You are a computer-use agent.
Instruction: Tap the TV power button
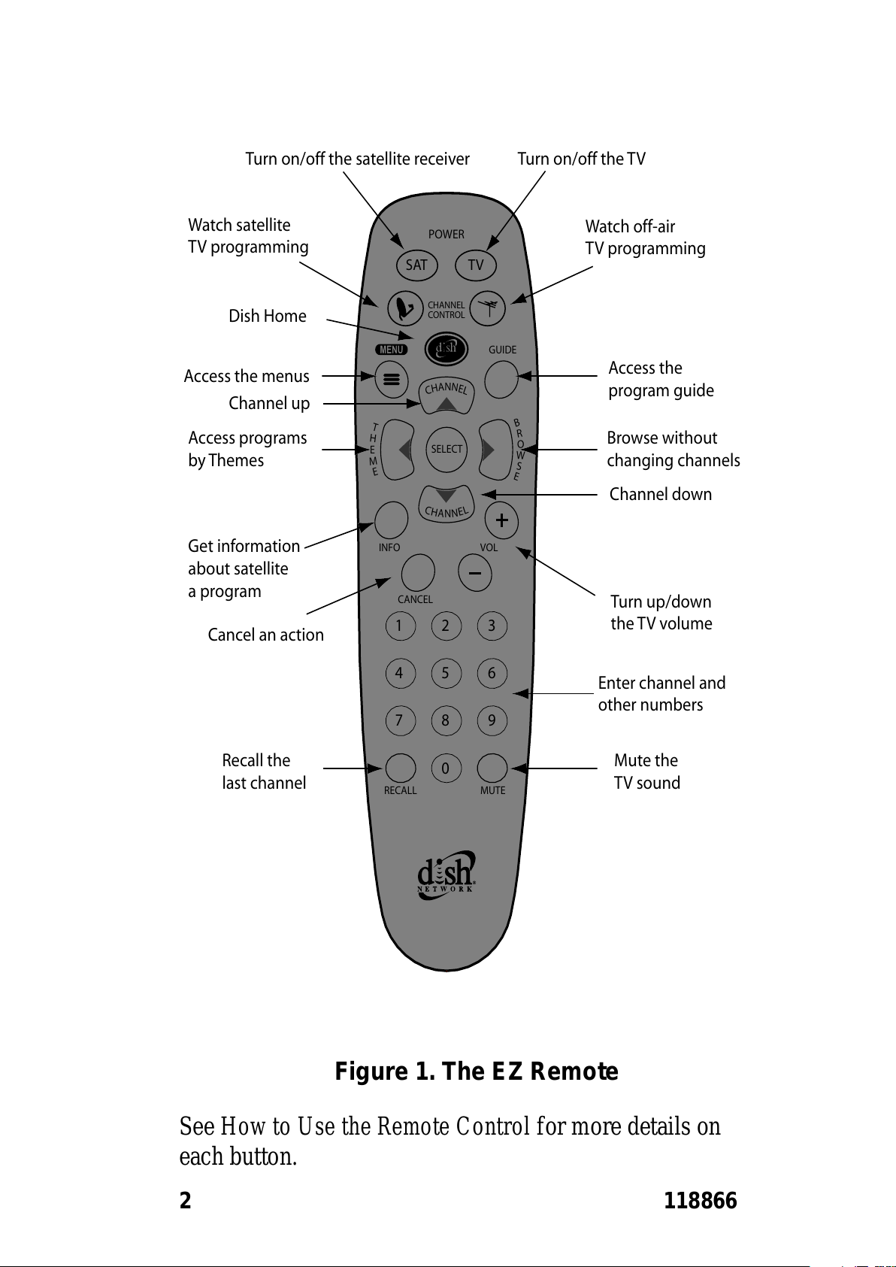pos(475,265)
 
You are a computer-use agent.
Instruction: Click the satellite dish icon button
pos(405,308)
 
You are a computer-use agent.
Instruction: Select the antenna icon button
pos(487,308)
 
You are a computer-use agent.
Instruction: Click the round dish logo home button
pos(446,348)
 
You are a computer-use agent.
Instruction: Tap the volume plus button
pos(501,520)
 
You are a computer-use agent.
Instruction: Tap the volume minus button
pos(475,573)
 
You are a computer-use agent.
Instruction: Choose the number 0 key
pos(446,768)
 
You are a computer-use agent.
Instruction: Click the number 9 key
pos(492,720)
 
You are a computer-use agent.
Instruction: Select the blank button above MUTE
pos(492,768)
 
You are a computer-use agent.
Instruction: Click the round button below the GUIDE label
pos(501,380)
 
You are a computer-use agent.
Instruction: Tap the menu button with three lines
pos(391,380)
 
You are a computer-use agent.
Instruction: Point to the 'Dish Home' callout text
pos(268,316)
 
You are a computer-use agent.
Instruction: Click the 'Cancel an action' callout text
pos(265,635)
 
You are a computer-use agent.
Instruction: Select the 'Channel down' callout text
pos(660,494)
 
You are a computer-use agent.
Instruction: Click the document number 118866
pos(701,1200)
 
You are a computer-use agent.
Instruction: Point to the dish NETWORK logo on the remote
pos(446,874)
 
